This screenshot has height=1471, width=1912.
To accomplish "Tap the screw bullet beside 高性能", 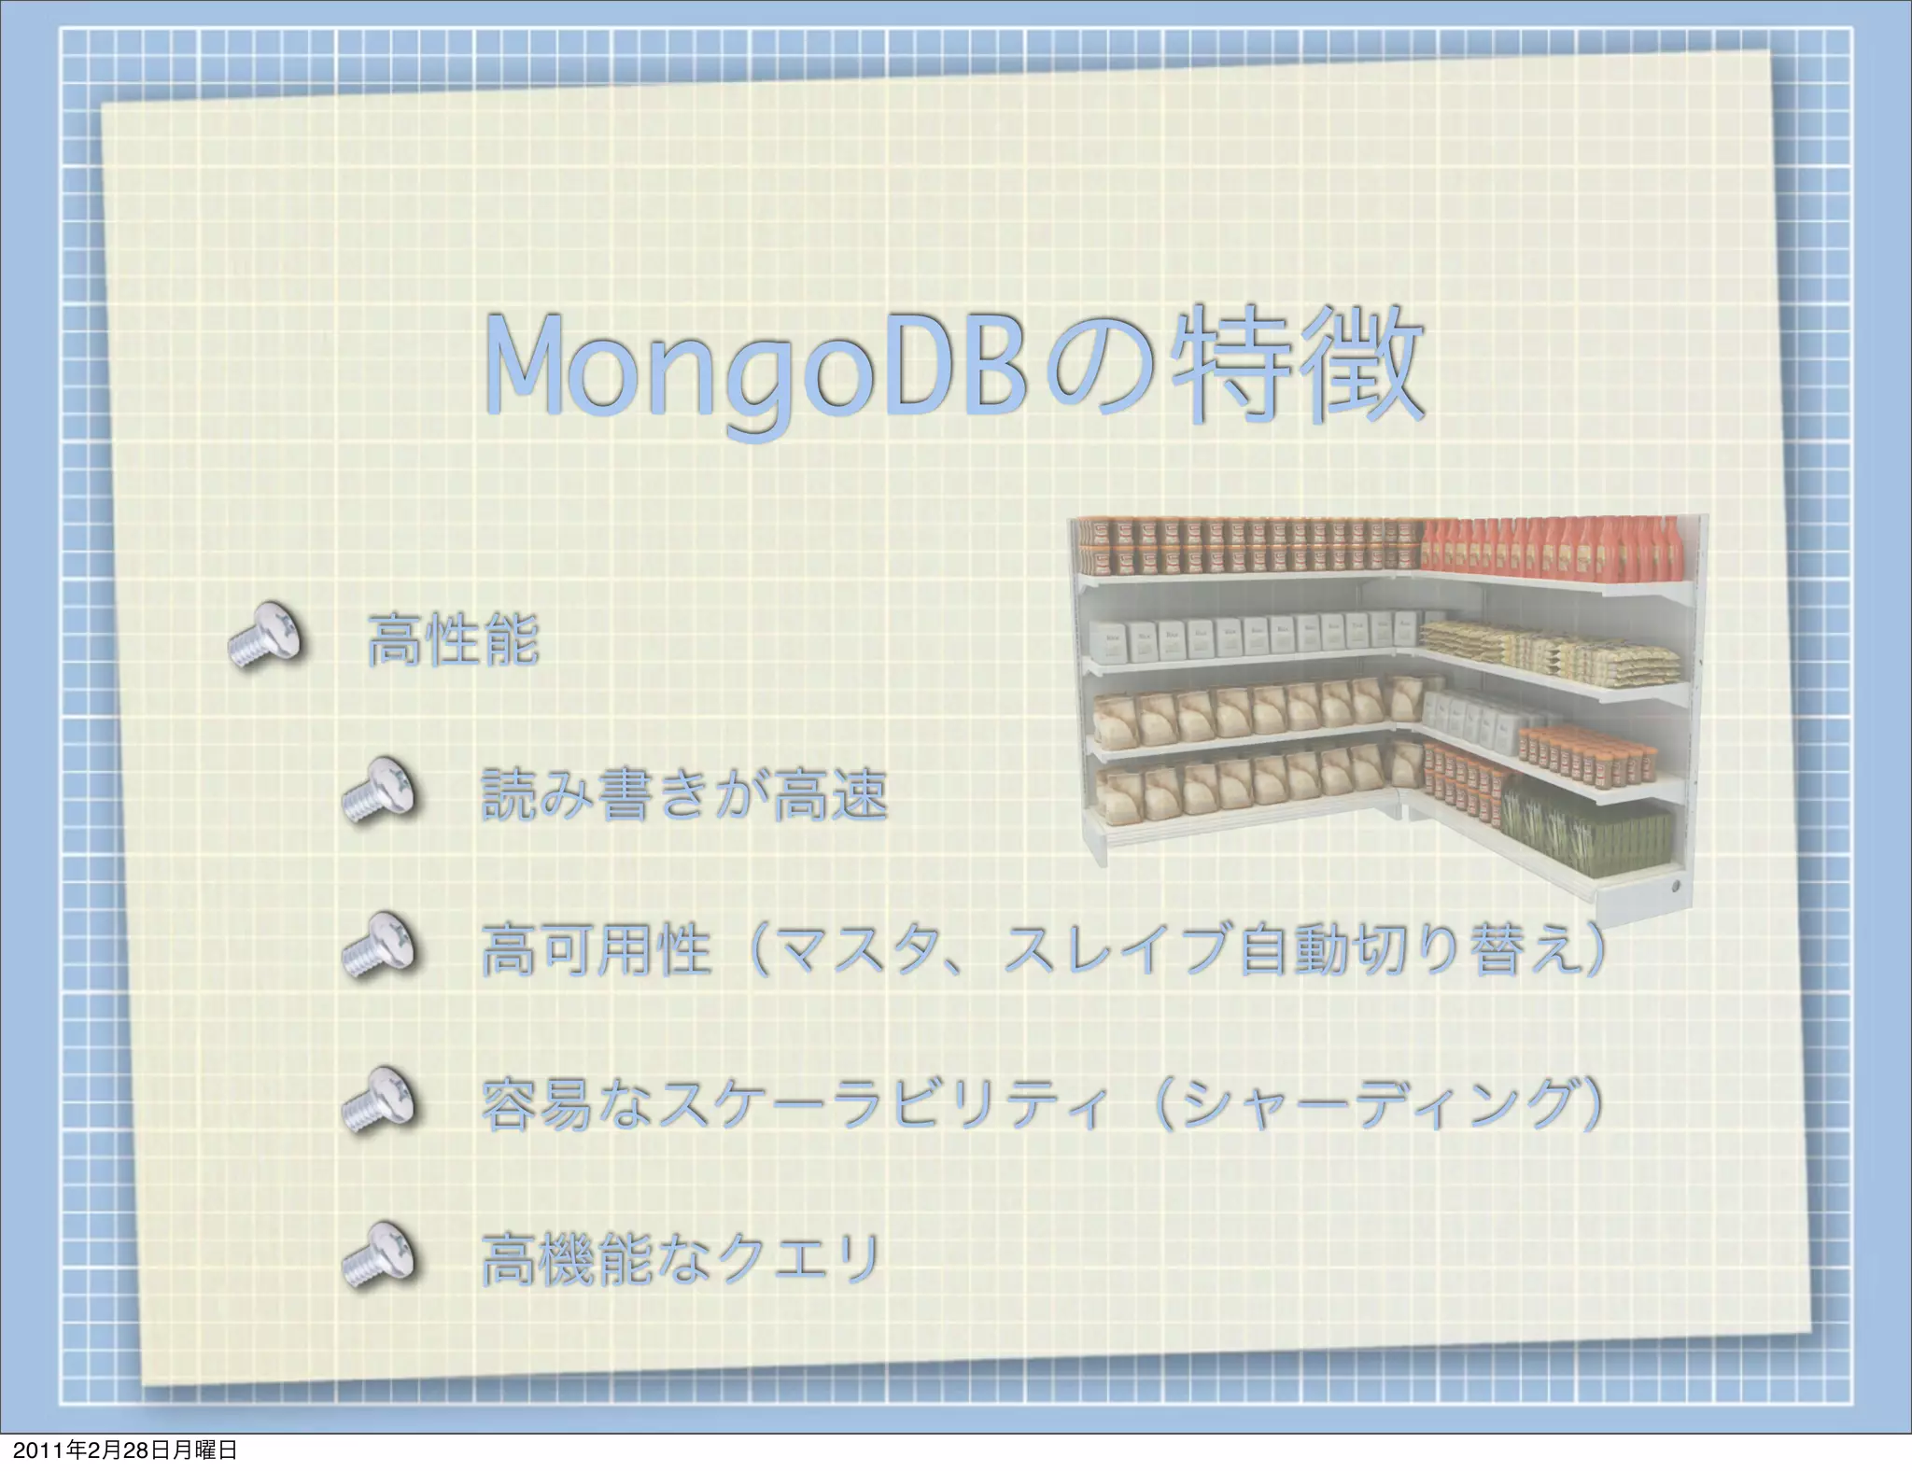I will coord(266,636).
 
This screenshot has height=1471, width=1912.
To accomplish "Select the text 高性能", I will coord(453,640).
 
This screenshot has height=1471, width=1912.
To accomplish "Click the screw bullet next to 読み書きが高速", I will coord(379,791).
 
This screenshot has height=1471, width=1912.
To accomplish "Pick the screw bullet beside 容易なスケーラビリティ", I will coord(379,1100).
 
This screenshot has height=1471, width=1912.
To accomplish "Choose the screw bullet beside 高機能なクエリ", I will coord(379,1255).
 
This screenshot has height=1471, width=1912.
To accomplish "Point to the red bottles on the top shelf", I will coord(1550,549).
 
